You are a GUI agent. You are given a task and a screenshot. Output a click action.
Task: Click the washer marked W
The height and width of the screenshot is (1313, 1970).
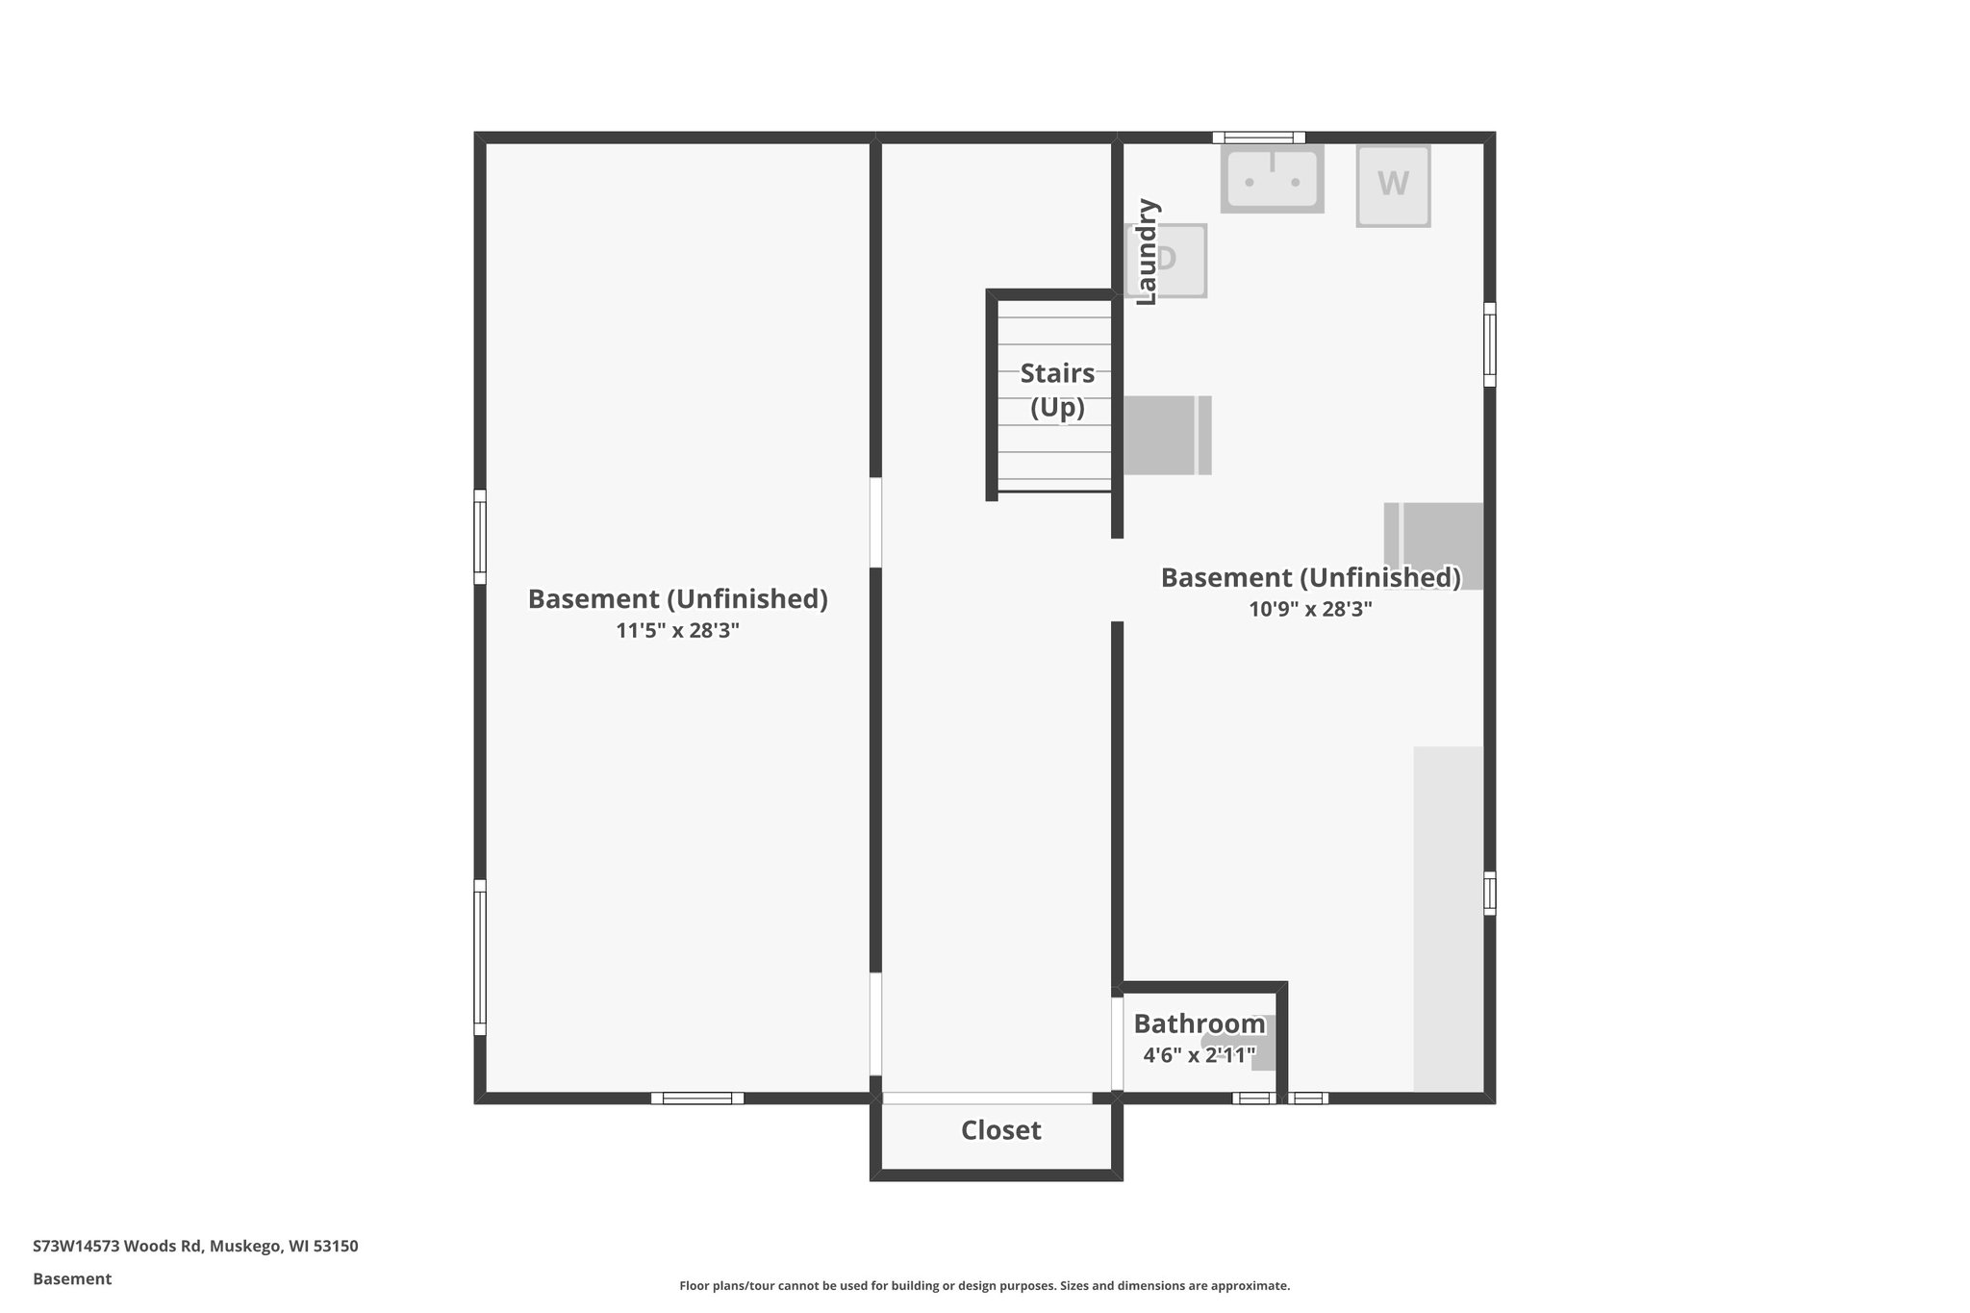[1393, 186]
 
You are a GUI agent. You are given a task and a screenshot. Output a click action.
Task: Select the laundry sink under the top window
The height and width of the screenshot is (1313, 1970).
[1272, 179]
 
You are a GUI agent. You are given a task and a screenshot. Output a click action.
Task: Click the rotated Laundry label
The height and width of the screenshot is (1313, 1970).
[1147, 252]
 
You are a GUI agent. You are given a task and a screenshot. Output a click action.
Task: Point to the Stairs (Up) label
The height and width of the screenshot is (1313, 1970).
[1057, 390]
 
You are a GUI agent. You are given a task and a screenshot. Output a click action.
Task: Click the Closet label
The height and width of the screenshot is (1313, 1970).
[1000, 1130]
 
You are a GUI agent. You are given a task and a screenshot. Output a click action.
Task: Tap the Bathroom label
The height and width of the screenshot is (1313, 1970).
[1199, 1023]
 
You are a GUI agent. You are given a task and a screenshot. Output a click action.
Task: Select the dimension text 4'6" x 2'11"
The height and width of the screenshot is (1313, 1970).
[1199, 1055]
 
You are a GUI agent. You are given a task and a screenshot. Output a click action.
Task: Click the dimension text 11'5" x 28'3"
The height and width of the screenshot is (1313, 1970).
[677, 631]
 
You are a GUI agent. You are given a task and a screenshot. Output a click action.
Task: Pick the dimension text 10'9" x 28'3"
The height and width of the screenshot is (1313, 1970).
[1310, 609]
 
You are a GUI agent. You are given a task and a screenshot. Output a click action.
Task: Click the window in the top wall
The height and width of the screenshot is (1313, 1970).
[1258, 138]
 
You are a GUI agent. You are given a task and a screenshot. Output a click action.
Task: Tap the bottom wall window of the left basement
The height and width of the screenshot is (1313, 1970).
[697, 1098]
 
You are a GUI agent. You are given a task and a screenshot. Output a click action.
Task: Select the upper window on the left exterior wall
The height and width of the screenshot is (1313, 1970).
[479, 537]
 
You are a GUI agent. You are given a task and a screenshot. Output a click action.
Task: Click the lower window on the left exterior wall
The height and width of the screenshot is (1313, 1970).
[479, 957]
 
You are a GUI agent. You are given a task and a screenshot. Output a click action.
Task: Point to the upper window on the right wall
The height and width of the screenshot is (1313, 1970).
[1489, 344]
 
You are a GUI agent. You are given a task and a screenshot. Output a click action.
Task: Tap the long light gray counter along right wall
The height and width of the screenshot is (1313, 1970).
[1448, 919]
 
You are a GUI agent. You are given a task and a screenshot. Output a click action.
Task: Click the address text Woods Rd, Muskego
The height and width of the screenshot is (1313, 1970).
[195, 1247]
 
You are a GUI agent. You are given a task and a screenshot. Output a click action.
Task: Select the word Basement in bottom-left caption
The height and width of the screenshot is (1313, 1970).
[72, 1279]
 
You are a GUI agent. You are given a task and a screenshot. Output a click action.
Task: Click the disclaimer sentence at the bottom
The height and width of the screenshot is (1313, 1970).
[984, 1286]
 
